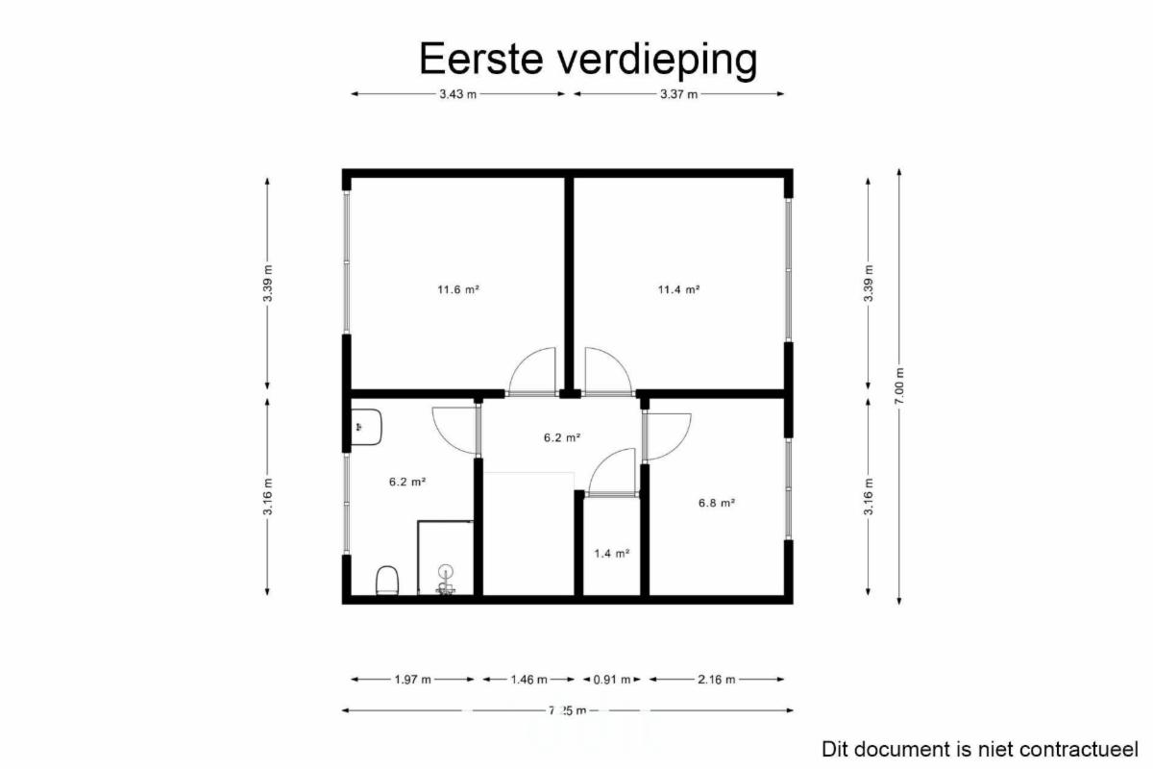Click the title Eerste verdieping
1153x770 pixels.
(x=588, y=60)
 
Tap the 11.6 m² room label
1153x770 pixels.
(x=458, y=289)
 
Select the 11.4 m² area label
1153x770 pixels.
(x=678, y=289)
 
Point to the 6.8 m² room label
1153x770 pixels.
(x=717, y=503)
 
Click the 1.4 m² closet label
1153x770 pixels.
(x=612, y=554)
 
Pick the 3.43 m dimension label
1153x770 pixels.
(x=457, y=94)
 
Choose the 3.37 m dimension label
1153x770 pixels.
(x=679, y=94)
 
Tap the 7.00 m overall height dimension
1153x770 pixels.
(x=899, y=385)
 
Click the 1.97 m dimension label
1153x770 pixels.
(x=412, y=680)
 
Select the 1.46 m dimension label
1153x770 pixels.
(x=528, y=680)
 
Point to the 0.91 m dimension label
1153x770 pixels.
(x=612, y=680)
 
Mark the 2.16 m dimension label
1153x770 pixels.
(x=717, y=680)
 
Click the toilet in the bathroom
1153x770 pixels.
(x=387, y=581)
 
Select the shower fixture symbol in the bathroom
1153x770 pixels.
(x=446, y=580)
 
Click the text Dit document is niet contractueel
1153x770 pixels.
(x=979, y=750)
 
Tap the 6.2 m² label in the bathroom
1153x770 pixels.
(x=407, y=482)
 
